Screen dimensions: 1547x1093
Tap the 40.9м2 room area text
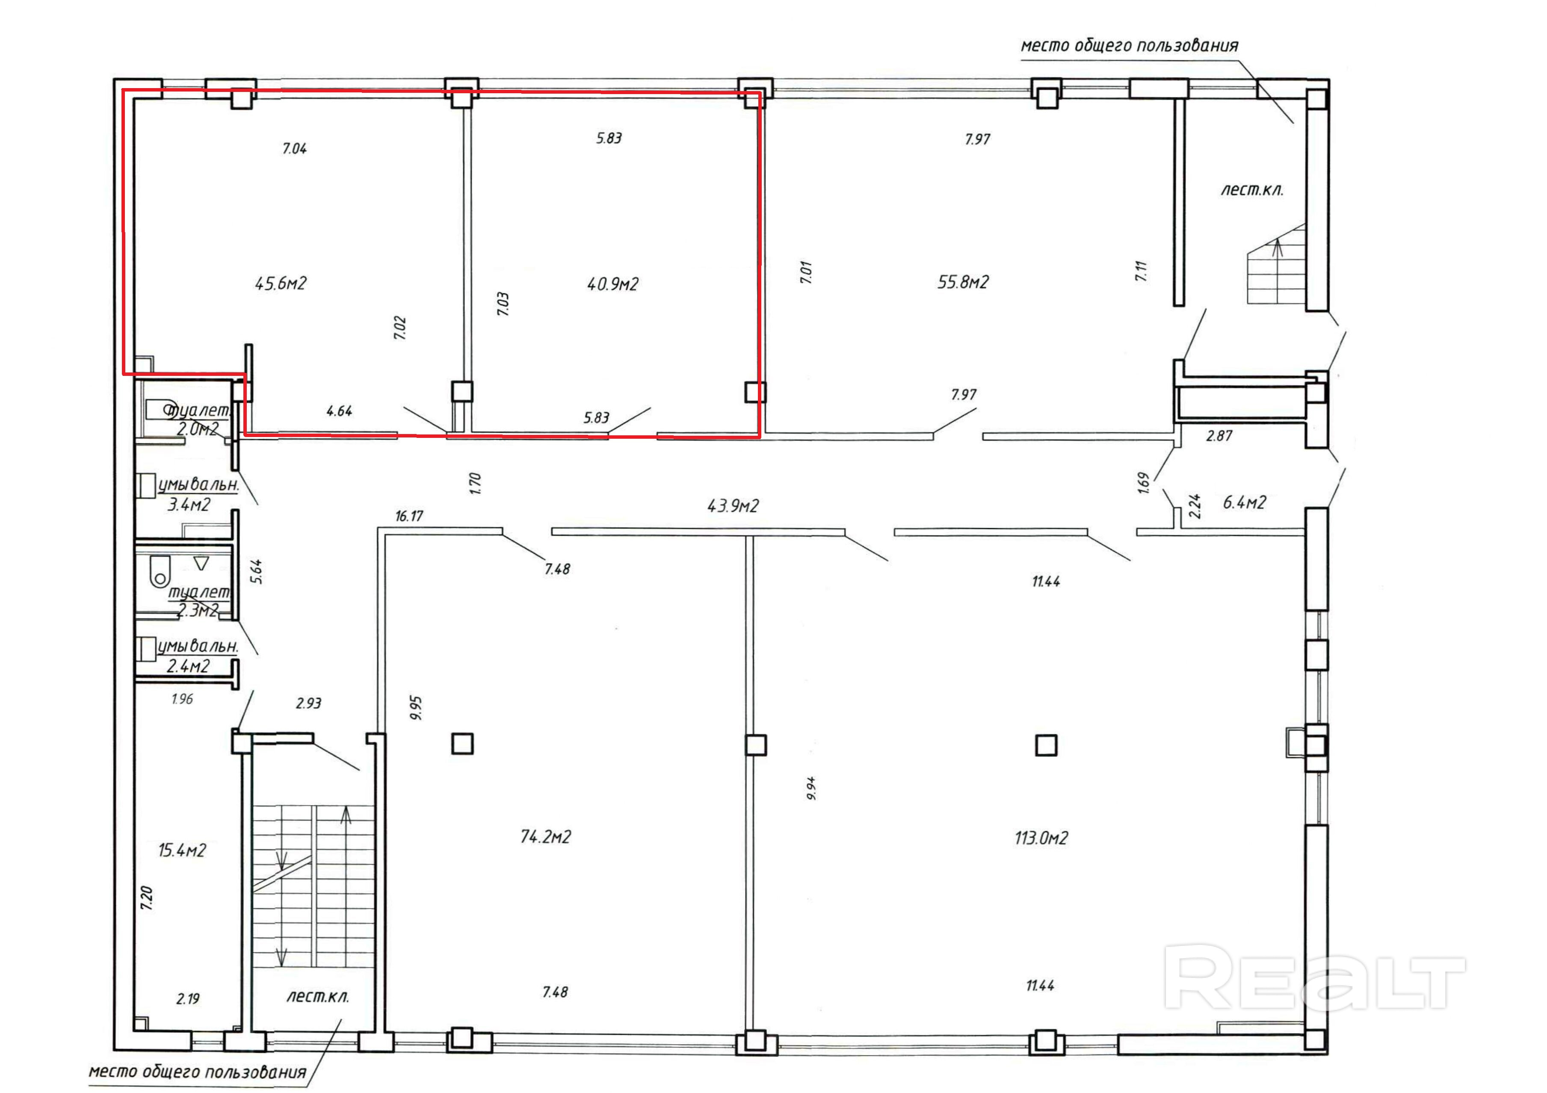tap(612, 284)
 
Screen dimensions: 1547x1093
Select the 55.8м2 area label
tap(963, 282)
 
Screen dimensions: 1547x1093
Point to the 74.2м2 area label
tap(546, 837)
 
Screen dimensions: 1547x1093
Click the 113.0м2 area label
tap(1041, 838)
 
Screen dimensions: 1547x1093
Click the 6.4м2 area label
tap(1245, 502)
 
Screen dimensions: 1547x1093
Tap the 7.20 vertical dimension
tap(147, 898)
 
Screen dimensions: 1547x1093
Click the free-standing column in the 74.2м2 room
tap(462, 744)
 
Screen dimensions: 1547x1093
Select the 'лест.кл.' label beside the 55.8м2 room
tap(1252, 190)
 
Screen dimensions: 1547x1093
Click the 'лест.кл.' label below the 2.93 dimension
tap(317, 997)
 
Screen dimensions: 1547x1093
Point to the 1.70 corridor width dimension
tap(475, 483)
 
